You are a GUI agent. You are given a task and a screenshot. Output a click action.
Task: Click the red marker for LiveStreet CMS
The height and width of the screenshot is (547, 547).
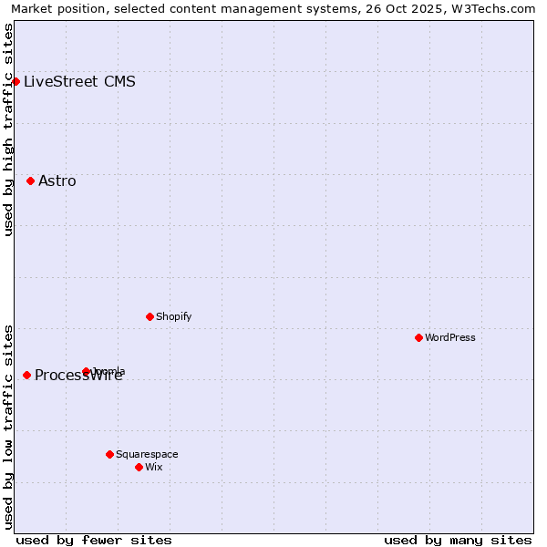click(15, 81)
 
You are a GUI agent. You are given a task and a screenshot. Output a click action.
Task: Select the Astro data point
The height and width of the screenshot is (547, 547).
click(30, 181)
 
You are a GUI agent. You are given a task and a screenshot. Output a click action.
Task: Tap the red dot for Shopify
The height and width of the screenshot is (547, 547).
click(150, 316)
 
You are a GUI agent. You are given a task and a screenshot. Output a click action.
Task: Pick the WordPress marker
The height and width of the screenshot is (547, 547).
click(418, 337)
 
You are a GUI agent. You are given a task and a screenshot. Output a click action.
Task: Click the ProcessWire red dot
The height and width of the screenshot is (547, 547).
click(26, 375)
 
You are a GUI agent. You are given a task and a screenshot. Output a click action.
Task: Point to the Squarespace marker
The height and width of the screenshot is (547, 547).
click(109, 454)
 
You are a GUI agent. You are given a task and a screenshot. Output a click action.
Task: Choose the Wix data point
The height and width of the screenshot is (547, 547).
click(139, 467)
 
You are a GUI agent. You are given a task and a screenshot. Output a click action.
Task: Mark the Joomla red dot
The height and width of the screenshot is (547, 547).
click(86, 371)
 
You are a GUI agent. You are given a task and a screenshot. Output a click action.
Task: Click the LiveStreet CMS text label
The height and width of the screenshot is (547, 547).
click(79, 81)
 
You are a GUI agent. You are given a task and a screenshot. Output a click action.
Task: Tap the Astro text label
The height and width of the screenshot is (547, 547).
click(57, 181)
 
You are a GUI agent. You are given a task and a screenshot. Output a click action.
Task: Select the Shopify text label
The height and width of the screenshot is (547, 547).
click(173, 316)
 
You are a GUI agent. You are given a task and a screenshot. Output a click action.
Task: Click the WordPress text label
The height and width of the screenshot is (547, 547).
click(449, 337)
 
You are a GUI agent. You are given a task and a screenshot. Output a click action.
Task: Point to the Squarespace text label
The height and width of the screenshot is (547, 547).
click(147, 454)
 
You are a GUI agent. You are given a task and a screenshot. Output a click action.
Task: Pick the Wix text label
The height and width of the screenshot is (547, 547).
click(153, 467)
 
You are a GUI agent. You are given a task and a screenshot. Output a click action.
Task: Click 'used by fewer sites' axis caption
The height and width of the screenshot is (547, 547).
click(94, 540)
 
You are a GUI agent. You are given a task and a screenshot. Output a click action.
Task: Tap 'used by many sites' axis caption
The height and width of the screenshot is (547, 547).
click(458, 540)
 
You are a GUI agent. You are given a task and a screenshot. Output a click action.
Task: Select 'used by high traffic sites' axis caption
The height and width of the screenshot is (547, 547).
click(9, 129)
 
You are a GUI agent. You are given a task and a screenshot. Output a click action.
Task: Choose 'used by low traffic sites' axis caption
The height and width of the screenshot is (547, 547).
click(9, 426)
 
